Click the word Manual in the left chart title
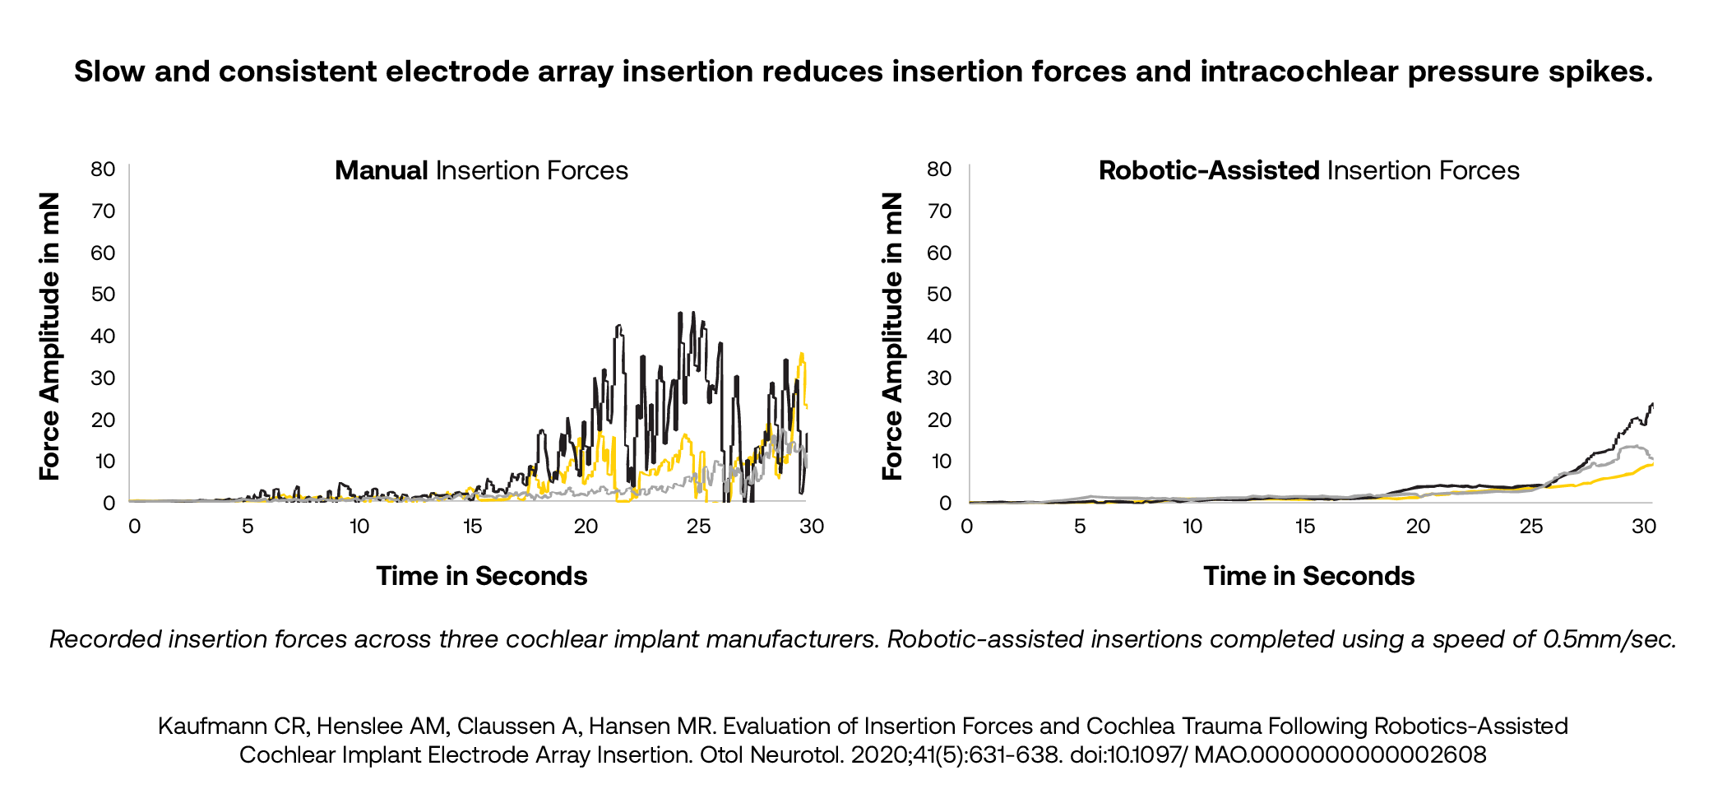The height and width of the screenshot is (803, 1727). pos(381,170)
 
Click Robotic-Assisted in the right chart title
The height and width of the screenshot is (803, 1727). pos(1209,170)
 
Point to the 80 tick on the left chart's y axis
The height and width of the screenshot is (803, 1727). pos(103,169)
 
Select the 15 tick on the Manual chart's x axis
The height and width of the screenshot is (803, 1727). pos(472,527)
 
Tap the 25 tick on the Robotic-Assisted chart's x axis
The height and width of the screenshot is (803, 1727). pos(1530,527)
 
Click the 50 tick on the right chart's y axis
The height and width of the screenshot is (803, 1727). pos(939,295)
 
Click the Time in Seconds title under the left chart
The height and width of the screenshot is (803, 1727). pos(482,576)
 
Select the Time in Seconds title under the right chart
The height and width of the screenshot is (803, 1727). pos(1308,576)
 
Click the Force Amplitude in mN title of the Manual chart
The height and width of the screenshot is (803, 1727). pos(51,336)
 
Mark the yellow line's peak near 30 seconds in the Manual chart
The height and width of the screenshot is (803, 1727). pos(802,355)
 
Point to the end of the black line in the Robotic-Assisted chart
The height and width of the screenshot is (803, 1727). pos(1652,404)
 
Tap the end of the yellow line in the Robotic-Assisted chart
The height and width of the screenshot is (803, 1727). pos(1651,465)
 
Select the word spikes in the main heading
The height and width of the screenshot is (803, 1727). pos(1600,72)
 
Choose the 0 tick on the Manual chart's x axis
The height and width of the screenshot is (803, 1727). pos(134,527)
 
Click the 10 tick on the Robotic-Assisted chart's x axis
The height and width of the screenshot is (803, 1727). pos(1192,527)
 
